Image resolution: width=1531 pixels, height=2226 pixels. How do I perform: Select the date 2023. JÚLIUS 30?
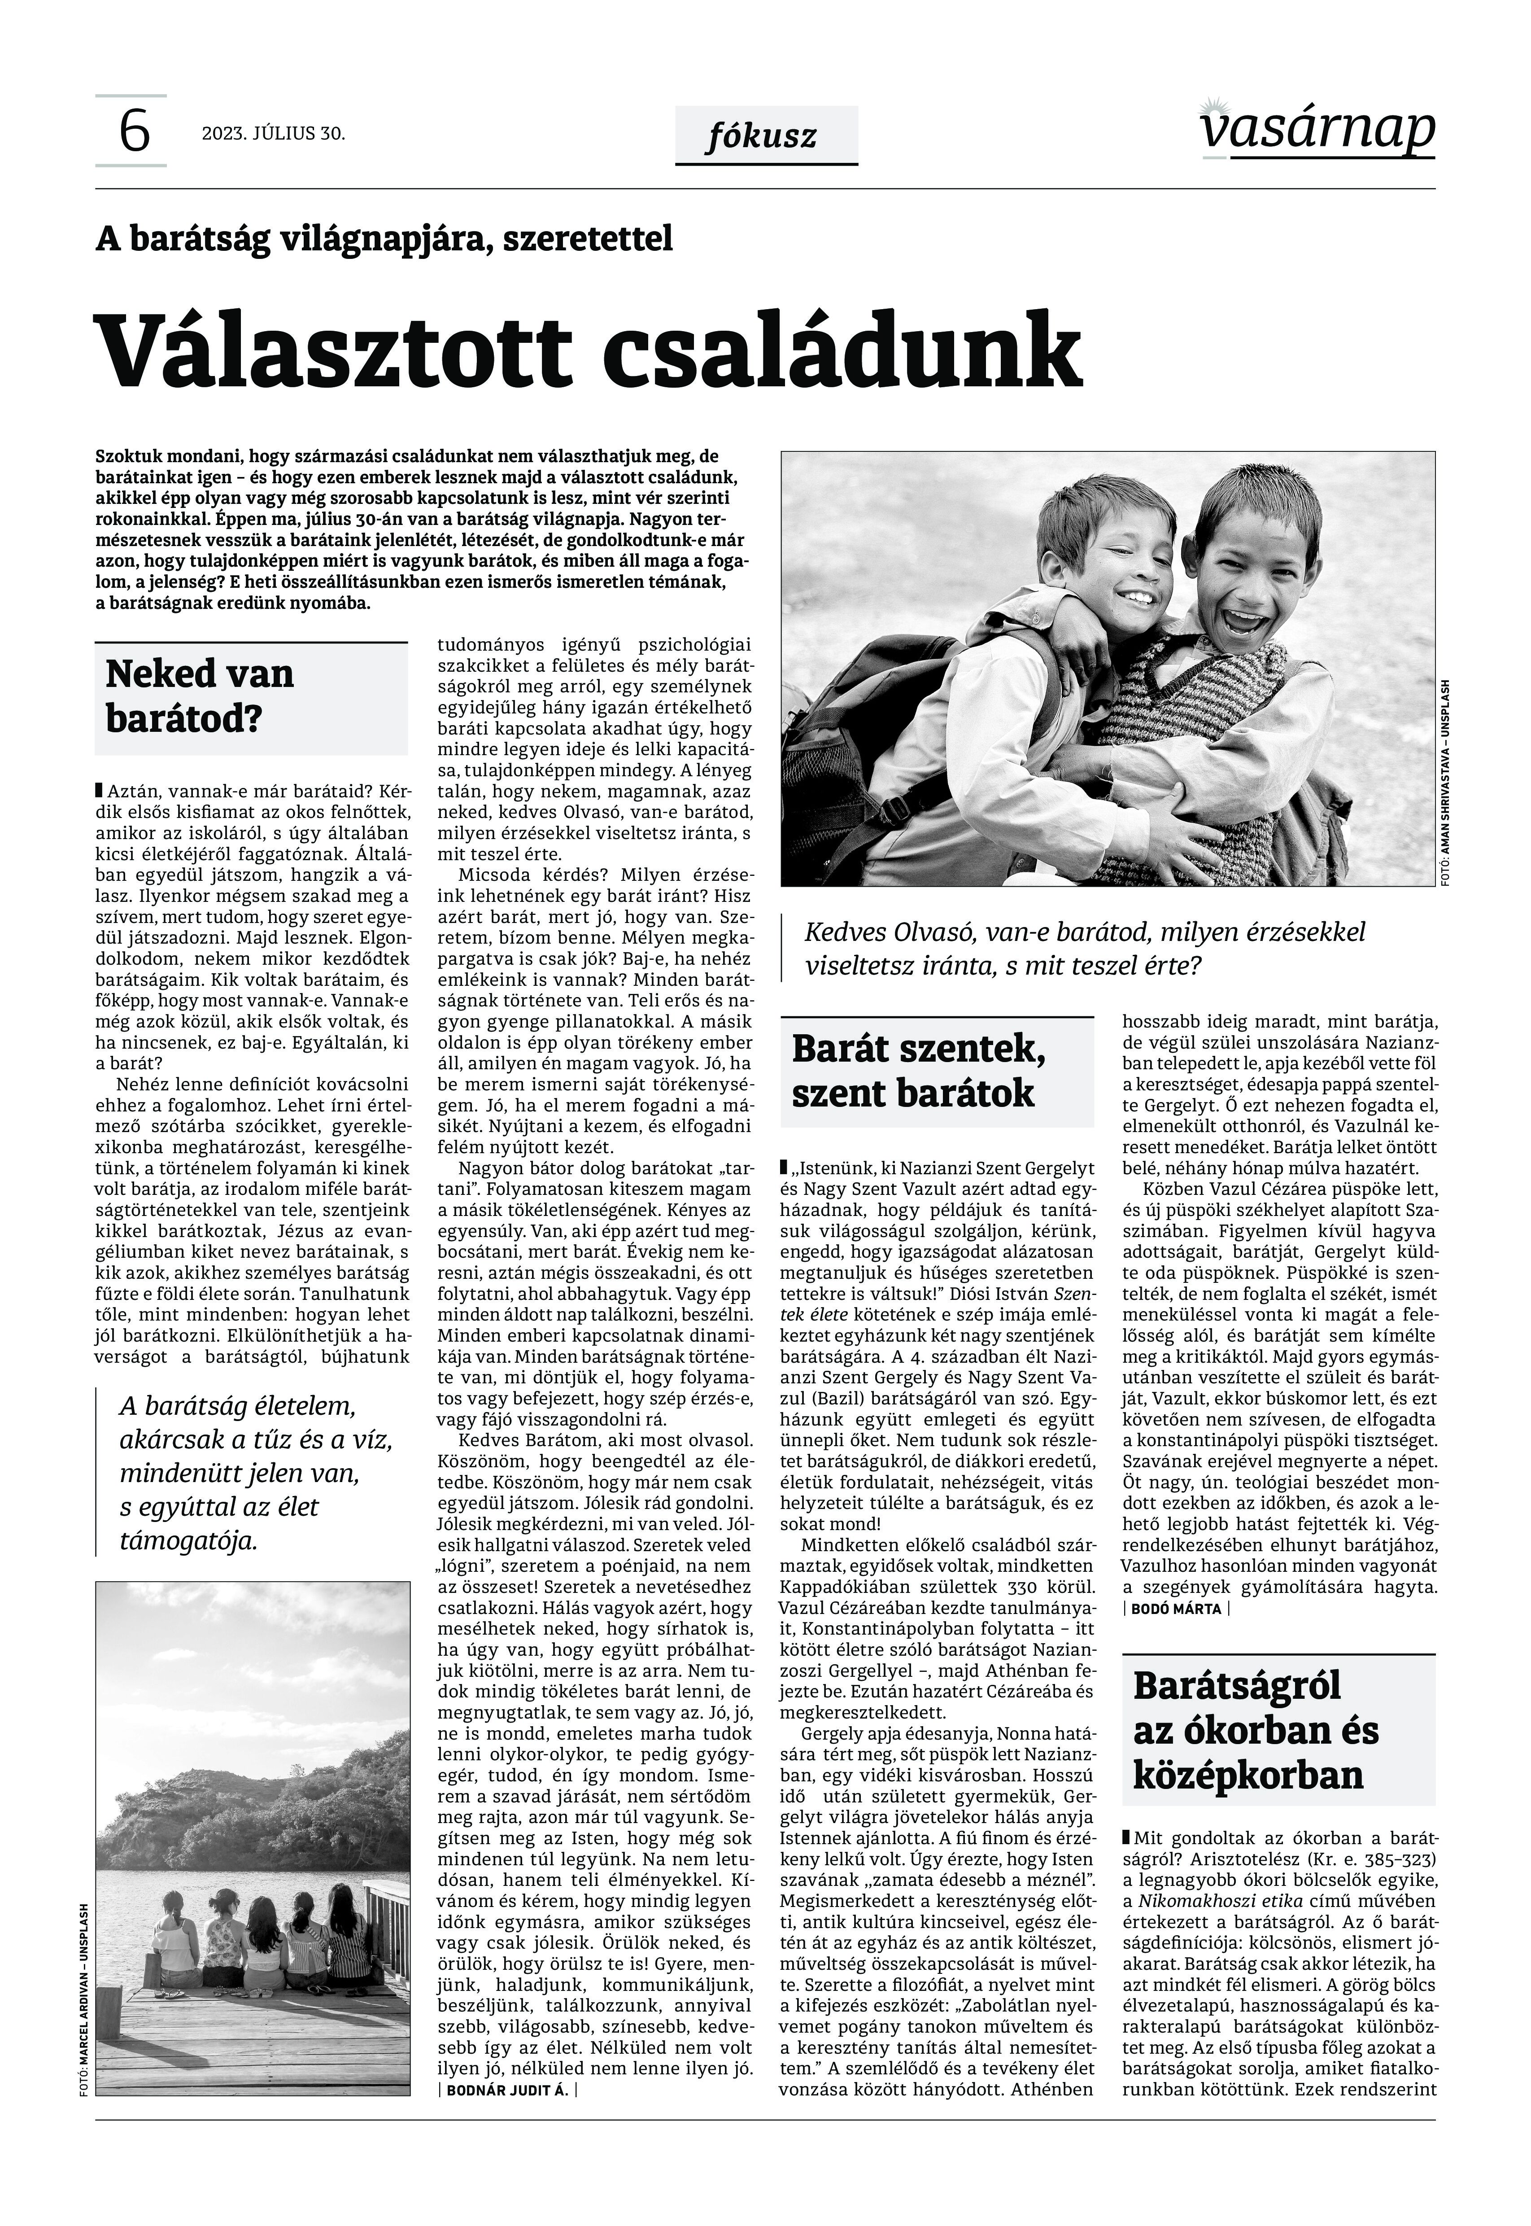pos(273,133)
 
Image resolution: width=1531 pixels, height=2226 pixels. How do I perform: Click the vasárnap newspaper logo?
pos(1317,130)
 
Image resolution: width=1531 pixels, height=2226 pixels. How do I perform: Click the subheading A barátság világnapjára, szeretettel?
pos(384,238)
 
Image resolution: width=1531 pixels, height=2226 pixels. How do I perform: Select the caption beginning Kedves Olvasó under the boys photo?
pos(1084,948)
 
